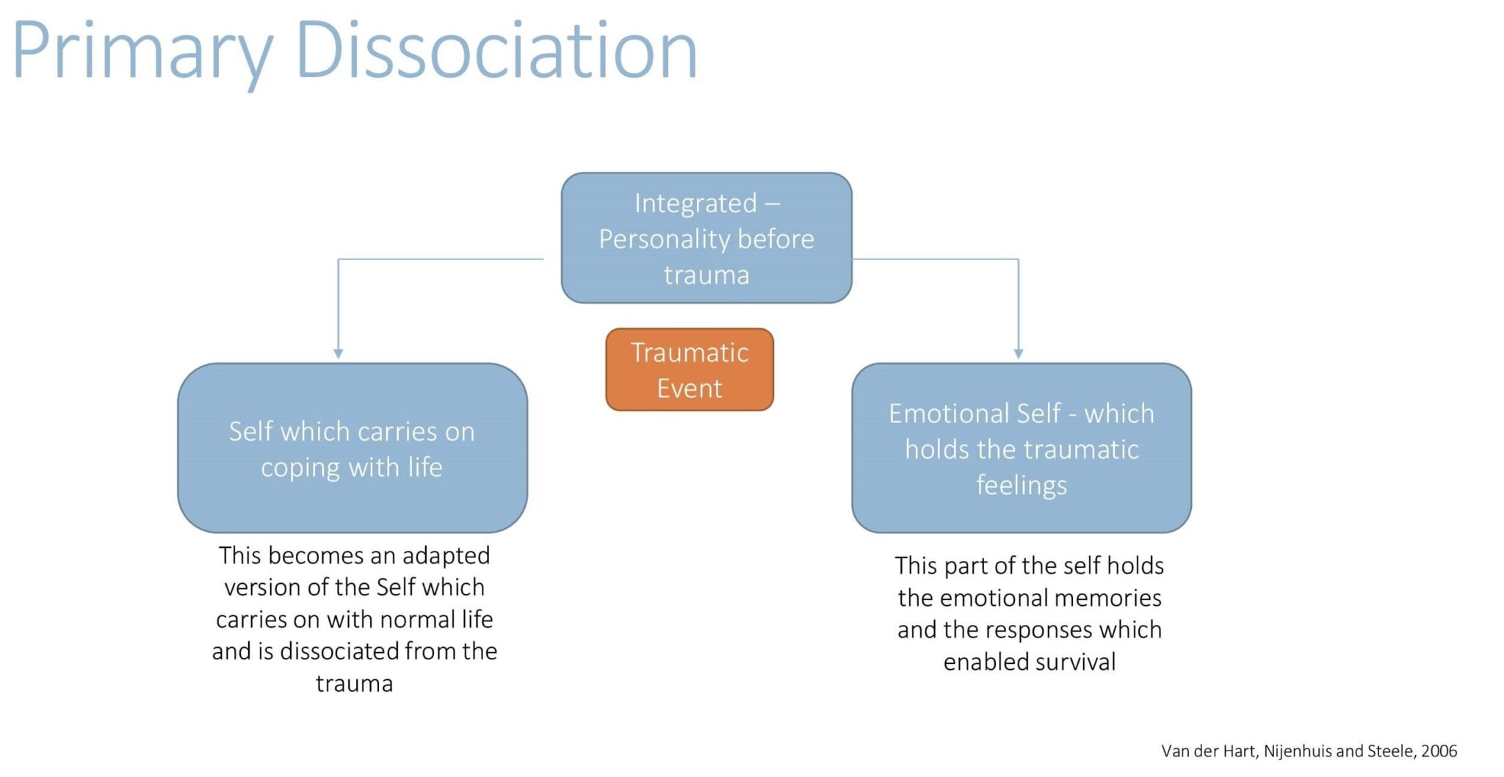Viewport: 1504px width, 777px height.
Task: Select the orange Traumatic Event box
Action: pos(689,369)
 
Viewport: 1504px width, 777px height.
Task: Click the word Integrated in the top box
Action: pos(695,203)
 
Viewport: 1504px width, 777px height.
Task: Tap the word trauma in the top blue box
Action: pos(706,275)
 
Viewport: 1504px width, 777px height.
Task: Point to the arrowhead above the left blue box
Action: pos(338,353)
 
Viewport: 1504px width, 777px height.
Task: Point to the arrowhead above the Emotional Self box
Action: pos(1018,353)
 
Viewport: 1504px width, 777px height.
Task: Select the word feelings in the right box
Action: pos(1021,485)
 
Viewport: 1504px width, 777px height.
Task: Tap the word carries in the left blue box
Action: pos(397,432)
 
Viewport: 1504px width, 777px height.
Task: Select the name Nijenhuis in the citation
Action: pos(1298,751)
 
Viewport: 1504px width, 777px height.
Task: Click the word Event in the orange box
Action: pos(689,388)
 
